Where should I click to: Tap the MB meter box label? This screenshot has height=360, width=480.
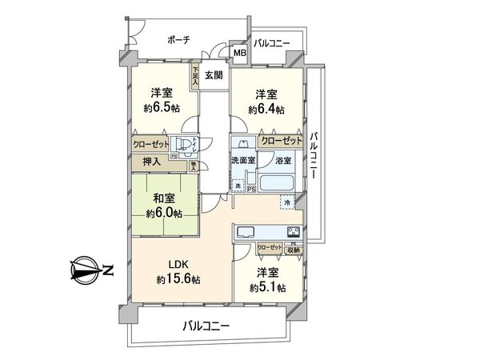coord(239,54)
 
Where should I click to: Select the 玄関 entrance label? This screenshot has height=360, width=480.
coord(212,76)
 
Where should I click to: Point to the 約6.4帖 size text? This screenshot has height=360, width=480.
coord(266,110)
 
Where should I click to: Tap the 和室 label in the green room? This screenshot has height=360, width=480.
coord(164,198)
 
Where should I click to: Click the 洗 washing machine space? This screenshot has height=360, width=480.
coord(238,186)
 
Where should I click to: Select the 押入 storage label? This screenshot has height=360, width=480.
coord(152,162)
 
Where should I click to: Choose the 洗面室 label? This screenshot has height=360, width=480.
coord(242,161)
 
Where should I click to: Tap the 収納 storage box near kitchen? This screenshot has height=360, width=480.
coord(293,250)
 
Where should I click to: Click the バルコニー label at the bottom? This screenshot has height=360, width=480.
coord(206,326)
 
